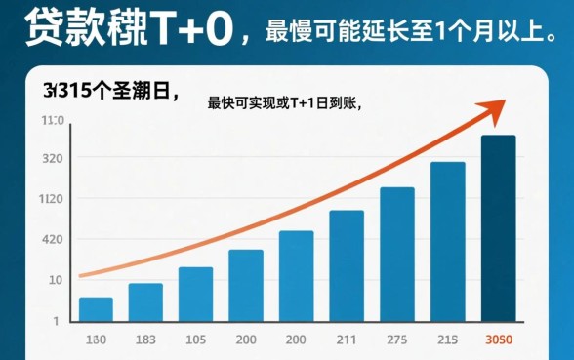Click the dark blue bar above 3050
click(498, 228)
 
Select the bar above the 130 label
click(96, 309)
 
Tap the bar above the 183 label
click(145, 302)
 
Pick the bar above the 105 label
click(195, 294)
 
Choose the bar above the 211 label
click(347, 265)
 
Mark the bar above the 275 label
click(397, 254)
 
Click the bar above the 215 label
click(448, 241)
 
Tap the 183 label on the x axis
click(145, 340)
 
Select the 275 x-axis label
click(397, 340)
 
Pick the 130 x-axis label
click(96, 340)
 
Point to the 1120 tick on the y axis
click(52, 199)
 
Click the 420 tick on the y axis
click(52, 240)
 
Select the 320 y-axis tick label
click(53, 159)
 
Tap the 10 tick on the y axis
click(55, 280)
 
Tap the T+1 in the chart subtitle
click(300, 104)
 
